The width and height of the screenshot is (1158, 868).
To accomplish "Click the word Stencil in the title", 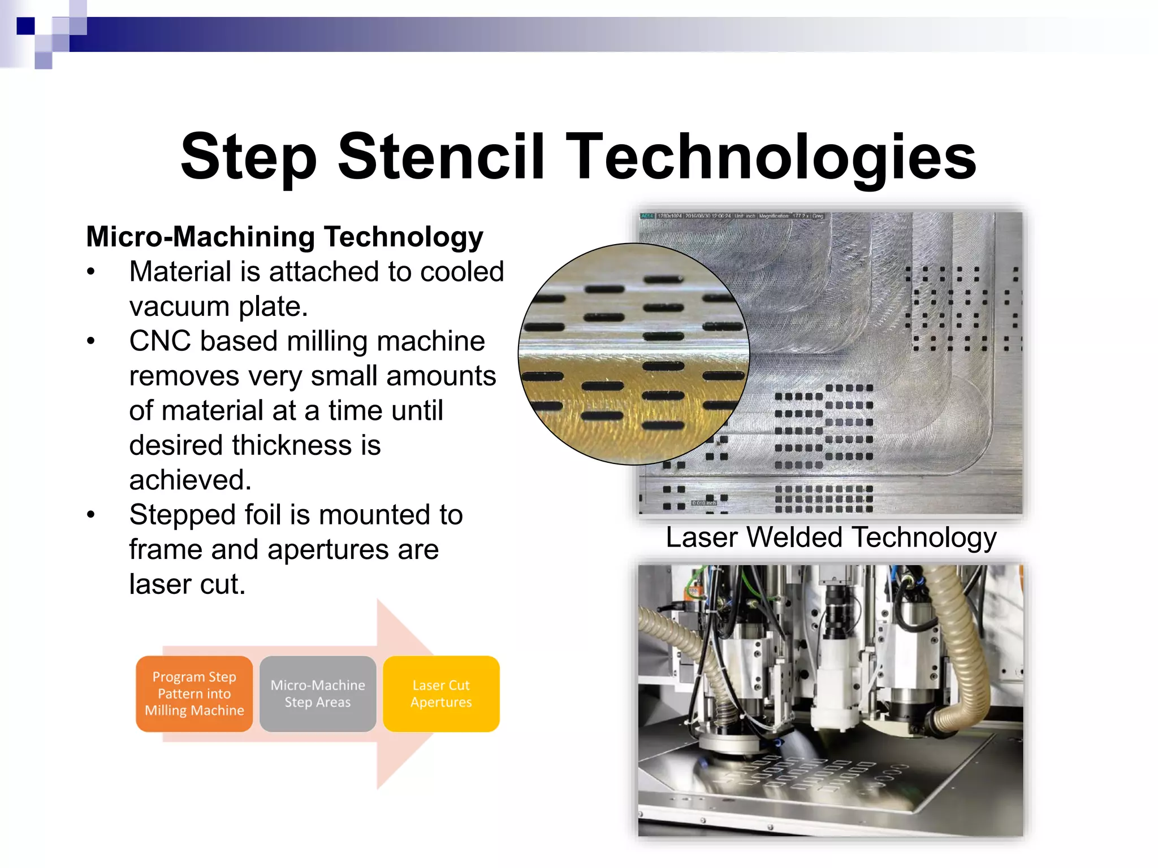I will pos(441,156).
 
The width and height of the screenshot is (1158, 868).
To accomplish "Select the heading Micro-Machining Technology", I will pos(284,236).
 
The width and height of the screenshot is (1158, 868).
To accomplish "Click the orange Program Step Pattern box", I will pos(194,693).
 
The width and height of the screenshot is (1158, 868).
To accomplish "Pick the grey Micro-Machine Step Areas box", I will pos(318,693).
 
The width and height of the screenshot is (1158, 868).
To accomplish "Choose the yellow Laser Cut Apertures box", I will pos(441,693).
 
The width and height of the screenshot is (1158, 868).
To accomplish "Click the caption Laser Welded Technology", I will pos(831,537).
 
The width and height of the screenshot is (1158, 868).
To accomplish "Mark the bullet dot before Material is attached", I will pos(91,272).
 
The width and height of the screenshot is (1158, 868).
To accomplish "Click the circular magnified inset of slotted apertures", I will pos(633,354).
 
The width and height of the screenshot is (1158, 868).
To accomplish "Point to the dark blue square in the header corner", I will pos(25,26).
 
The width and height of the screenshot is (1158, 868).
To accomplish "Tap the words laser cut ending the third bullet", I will pos(187,584).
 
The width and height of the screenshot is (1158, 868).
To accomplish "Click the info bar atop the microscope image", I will pos(732,216).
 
